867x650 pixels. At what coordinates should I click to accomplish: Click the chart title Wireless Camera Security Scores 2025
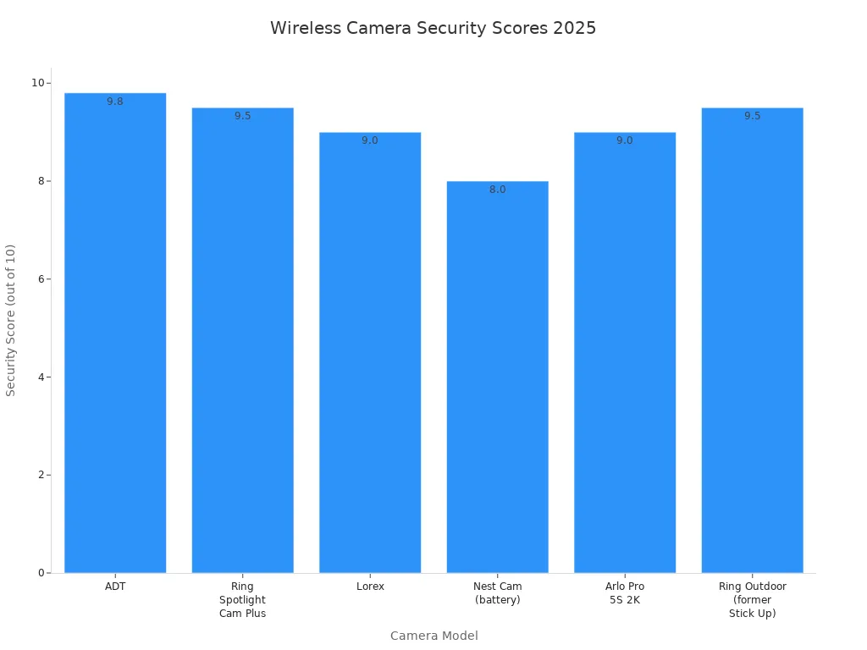pos(433,28)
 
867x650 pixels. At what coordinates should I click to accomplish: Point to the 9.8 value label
pos(115,102)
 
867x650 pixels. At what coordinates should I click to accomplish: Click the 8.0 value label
pos(497,190)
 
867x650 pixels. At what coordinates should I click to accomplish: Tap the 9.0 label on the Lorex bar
pos(370,140)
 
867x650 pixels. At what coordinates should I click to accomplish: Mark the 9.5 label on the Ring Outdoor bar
pos(752,116)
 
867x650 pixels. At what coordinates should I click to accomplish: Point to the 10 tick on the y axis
pos(38,83)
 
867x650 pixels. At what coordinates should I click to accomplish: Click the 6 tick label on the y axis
pos(41,279)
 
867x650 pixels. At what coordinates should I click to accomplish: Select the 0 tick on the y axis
pos(41,573)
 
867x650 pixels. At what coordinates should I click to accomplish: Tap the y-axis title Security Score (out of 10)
pos(11,320)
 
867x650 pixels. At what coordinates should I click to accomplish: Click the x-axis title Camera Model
pos(433,636)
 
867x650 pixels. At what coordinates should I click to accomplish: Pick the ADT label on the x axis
pos(115,586)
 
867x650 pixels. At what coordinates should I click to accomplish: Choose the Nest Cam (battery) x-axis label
pos(497,592)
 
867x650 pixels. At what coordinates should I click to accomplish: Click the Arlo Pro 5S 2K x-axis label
pos(625,592)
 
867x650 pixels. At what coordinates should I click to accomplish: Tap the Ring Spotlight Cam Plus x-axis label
pos(242,599)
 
